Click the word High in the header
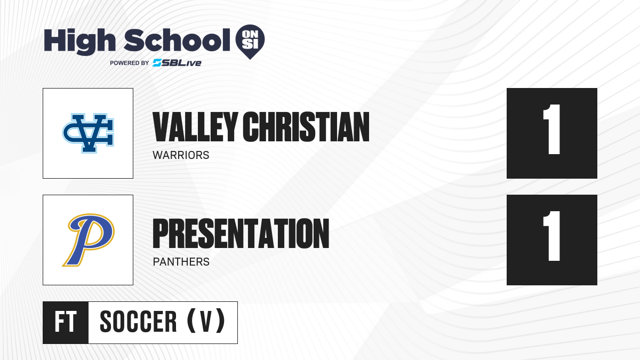click(x=80, y=41)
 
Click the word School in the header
click(x=177, y=40)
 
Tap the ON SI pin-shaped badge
click(x=250, y=42)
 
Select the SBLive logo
click(x=177, y=63)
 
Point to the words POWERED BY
click(x=129, y=63)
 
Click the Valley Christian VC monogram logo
click(x=88, y=133)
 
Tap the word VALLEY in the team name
click(x=195, y=127)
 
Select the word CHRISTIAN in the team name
click(x=306, y=127)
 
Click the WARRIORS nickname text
click(x=181, y=155)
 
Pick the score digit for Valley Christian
click(x=551, y=129)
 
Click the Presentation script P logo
click(x=89, y=239)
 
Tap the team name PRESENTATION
click(x=241, y=234)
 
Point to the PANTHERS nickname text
click(x=181, y=262)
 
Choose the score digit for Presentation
click(x=551, y=236)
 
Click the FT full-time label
click(x=66, y=322)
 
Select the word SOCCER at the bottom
click(x=138, y=322)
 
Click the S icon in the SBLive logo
click(x=157, y=63)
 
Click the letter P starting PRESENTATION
click(x=161, y=234)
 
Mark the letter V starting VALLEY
click(x=162, y=127)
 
